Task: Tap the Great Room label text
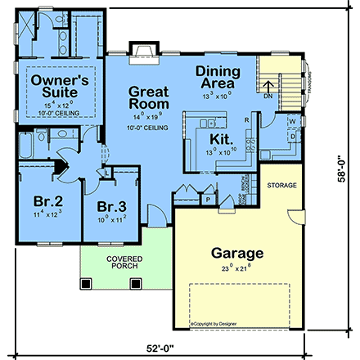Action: (x=149, y=98)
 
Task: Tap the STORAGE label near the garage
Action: (x=281, y=187)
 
